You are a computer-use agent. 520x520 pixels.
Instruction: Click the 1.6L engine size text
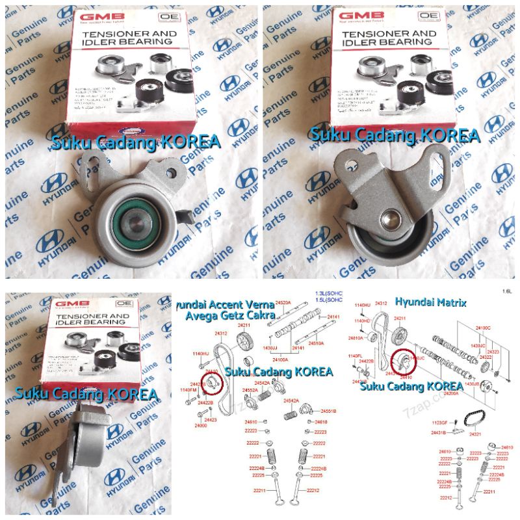point(506,291)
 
